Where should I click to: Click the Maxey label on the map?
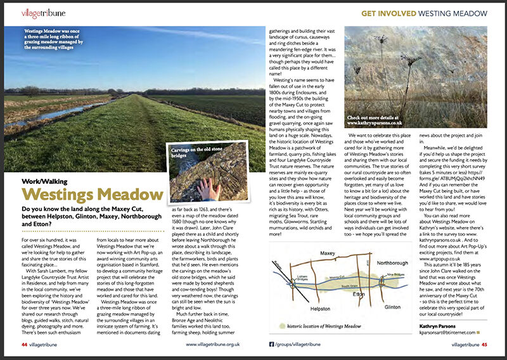pos(328,254)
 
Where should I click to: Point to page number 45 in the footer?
pos(484,345)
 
